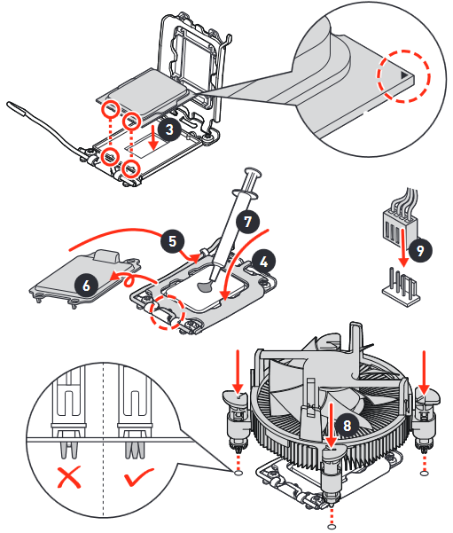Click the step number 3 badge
tap(169, 129)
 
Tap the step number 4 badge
tap(263, 262)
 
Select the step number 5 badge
tap(173, 241)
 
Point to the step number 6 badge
tap(86, 285)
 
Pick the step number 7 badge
tap(248, 222)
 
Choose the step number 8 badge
tap(347, 425)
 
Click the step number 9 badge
tap(420, 250)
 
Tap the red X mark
tap(69, 478)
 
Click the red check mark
tap(138, 477)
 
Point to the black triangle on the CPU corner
tap(404, 74)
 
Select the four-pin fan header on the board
tap(402, 287)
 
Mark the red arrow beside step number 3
tap(153, 137)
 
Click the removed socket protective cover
tap(85, 278)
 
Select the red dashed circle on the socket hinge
tap(168, 312)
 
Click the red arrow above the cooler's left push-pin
tap(238, 372)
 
